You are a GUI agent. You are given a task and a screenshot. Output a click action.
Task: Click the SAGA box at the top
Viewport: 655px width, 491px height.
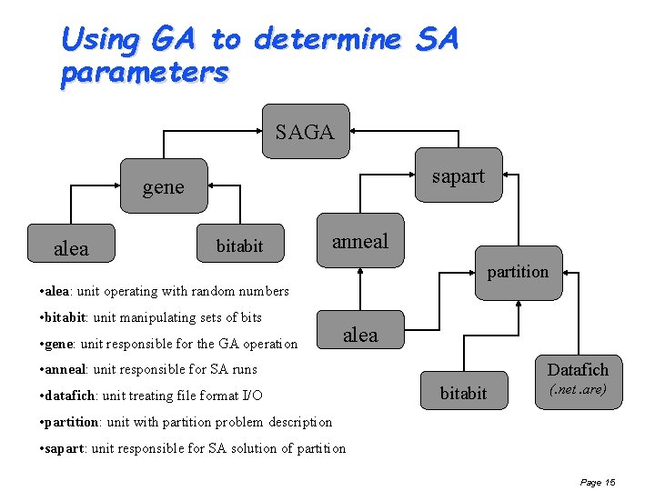click(x=305, y=132)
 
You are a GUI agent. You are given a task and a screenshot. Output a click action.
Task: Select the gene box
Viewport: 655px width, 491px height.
click(x=163, y=187)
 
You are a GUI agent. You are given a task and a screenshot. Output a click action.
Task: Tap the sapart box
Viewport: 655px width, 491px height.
click(x=458, y=176)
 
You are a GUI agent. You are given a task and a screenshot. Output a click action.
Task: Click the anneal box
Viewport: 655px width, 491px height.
click(x=360, y=241)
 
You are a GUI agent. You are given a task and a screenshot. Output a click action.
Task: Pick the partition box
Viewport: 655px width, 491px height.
click(x=518, y=272)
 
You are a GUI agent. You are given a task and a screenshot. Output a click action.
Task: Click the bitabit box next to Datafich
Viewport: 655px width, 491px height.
click(x=463, y=393)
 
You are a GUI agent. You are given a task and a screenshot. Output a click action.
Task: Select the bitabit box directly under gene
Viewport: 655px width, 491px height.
click(x=239, y=245)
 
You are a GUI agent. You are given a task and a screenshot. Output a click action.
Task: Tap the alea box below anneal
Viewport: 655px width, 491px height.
click(x=360, y=335)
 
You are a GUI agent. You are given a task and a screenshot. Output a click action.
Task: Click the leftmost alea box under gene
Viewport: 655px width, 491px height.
click(x=72, y=248)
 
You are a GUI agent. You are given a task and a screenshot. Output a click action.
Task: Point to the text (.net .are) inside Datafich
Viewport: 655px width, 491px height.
click(x=578, y=390)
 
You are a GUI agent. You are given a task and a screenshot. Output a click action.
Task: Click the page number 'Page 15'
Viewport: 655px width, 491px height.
click(x=598, y=482)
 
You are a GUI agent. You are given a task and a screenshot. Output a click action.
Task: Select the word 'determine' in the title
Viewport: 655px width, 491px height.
click(x=327, y=40)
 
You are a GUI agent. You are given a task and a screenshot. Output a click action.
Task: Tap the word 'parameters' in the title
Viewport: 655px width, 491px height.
click(x=144, y=73)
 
